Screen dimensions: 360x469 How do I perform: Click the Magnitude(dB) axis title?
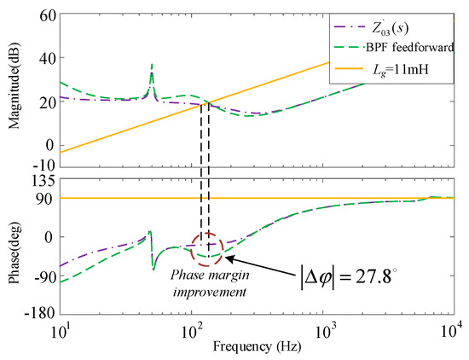point(13,90)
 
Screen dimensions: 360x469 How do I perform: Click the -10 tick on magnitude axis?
point(43,164)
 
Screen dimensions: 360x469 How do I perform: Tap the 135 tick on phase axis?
point(43,180)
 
